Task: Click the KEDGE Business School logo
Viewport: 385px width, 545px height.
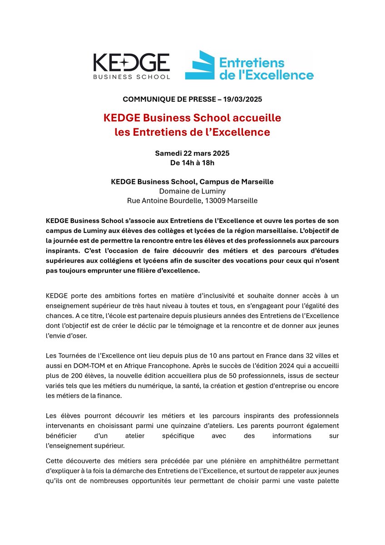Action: (x=131, y=66)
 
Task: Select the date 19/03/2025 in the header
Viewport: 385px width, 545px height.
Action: (x=243, y=99)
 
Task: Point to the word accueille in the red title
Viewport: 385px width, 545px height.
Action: (x=257, y=118)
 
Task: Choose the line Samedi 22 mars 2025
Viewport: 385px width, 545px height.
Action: (x=192, y=153)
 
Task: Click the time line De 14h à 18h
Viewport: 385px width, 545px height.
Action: (x=192, y=163)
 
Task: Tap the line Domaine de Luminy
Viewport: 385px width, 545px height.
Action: (x=192, y=191)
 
